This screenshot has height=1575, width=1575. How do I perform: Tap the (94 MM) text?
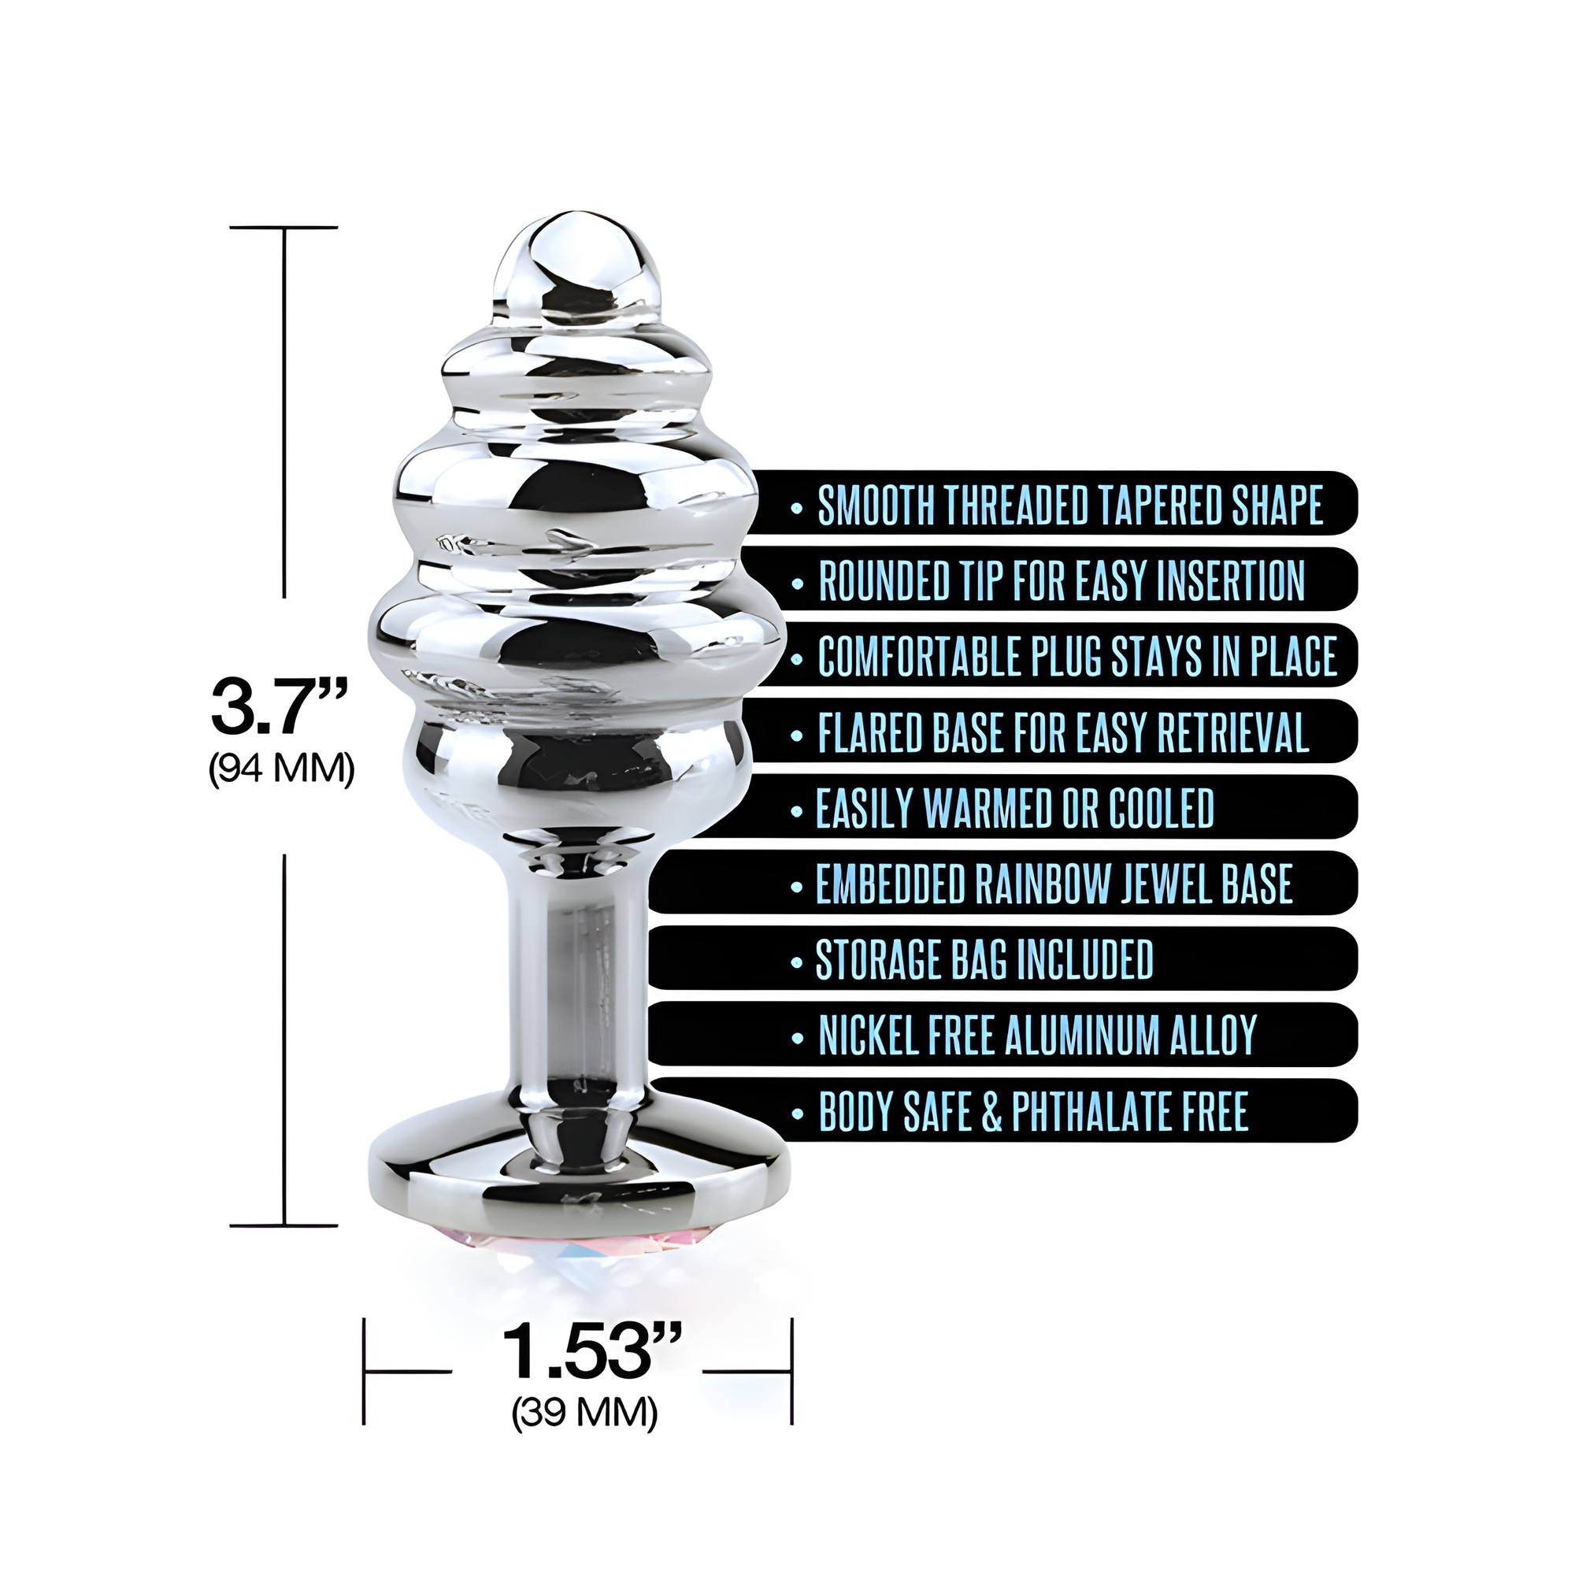click(x=282, y=769)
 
